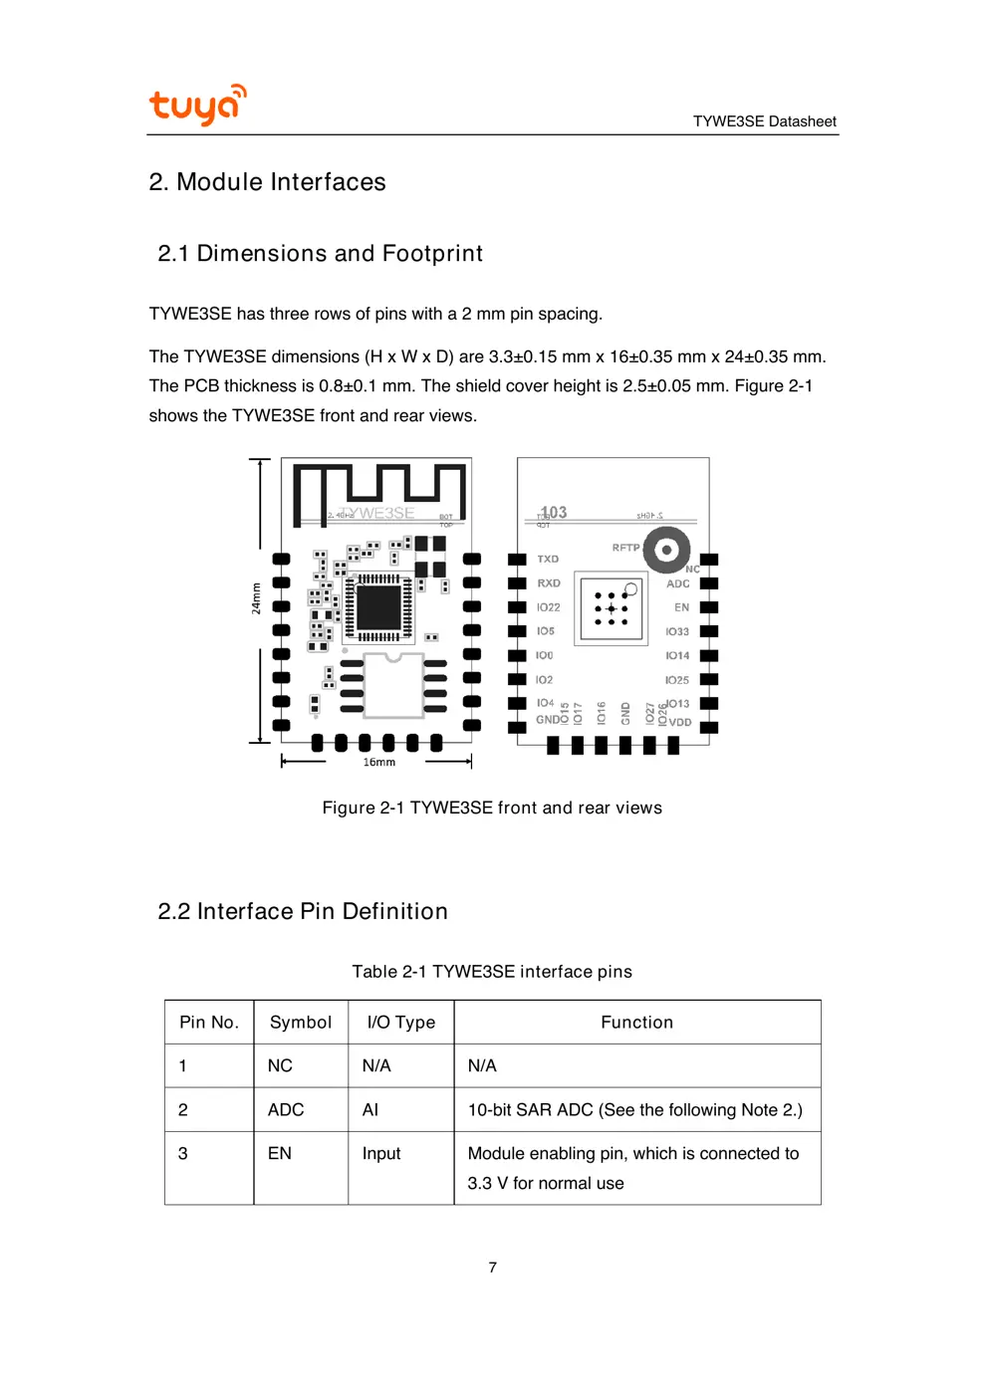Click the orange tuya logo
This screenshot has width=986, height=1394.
pyautogui.click(x=196, y=105)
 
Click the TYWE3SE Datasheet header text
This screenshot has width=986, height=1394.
pyautogui.click(x=764, y=121)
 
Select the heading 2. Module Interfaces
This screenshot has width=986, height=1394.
pyautogui.click(x=267, y=182)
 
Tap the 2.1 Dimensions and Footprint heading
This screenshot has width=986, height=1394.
pyautogui.click(x=320, y=254)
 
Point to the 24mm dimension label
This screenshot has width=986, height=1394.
pyautogui.click(x=256, y=598)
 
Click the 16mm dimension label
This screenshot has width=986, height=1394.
pyautogui.click(x=378, y=762)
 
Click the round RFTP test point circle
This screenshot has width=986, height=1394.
pyautogui.click(x=666, y=550)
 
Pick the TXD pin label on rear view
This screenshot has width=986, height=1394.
pyautogui.click(x=548, y=560)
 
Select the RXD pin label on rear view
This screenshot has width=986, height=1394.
pyautogui.click(x=549, y=583)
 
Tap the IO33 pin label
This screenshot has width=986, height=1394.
pyautogui.click(x=677, y=632)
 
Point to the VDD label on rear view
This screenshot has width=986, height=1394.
pyautogui.click(x=680, y=723)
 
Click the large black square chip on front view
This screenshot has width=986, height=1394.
pyautogui.click(x=378, y=607)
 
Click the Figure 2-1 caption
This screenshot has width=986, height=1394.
pyautogui.click(x=492, y=808)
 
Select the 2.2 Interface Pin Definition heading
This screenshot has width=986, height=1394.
pyautogui.click(x=303, y=911)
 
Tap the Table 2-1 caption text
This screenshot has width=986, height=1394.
pyautogui.click(x=492, y=972)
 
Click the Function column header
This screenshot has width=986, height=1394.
pyautogui.click(x=636, y=1023)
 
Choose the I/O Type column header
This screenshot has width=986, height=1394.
pyautogui.click(x=400, y=1023)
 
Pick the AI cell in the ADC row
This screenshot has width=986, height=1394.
pyautogui.click(x=370, y=1110)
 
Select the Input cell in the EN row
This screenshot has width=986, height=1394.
pyautogui.click(x=381, y=1154)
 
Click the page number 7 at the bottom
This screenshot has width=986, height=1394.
pyautogui.click(x=492, y=1268)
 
